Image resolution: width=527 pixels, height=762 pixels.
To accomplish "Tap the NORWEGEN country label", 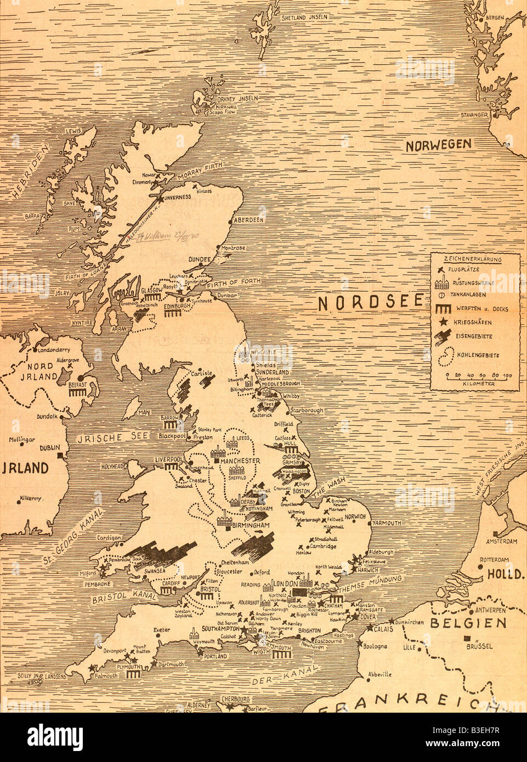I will pos(438,145).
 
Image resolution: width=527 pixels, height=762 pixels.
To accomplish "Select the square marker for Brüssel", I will pos(467,638).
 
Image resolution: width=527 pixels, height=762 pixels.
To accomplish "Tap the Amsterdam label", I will pos(501,542).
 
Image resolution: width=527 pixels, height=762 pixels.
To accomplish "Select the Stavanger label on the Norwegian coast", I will pos(475,115).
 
